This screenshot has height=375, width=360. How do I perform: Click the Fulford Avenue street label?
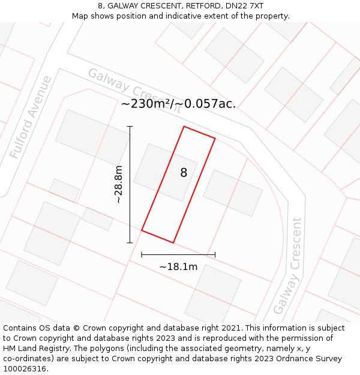(31, 117)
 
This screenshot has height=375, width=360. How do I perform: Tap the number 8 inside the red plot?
(184, 173)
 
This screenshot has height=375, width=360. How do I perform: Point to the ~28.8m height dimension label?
(119, 184)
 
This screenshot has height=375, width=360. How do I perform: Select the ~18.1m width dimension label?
(178, 266)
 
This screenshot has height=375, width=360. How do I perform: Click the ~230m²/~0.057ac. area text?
(178, 104)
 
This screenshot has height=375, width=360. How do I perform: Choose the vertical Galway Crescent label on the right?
(287, 266)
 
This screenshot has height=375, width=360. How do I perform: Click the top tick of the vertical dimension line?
(130, 127)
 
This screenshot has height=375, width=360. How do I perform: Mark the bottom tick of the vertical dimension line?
(130, 242)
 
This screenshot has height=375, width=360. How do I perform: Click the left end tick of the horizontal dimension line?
(142, 255)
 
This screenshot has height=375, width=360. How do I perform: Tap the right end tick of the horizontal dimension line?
(215, 255)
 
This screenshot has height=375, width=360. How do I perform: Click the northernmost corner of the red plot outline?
(184, 127)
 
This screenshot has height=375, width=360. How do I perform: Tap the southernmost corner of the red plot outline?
(173, 242)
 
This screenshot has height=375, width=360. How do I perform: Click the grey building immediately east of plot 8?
(233, 193)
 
